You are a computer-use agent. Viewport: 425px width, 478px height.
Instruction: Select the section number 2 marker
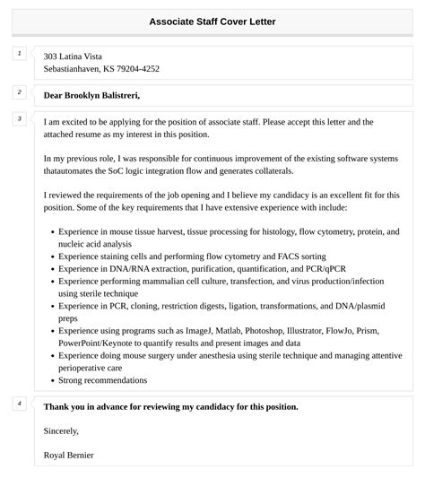19,92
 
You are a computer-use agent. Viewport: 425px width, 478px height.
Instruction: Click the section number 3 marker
19,118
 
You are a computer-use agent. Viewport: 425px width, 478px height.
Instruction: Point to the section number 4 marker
19,404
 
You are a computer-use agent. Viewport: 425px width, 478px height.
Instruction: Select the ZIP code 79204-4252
134,69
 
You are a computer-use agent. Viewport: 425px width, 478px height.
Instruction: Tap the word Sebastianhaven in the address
74,69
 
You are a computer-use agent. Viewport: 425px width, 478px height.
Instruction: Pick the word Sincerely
63,430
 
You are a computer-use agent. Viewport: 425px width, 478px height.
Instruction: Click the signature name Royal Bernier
69,455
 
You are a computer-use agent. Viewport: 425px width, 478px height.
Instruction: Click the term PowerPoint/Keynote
99,343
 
